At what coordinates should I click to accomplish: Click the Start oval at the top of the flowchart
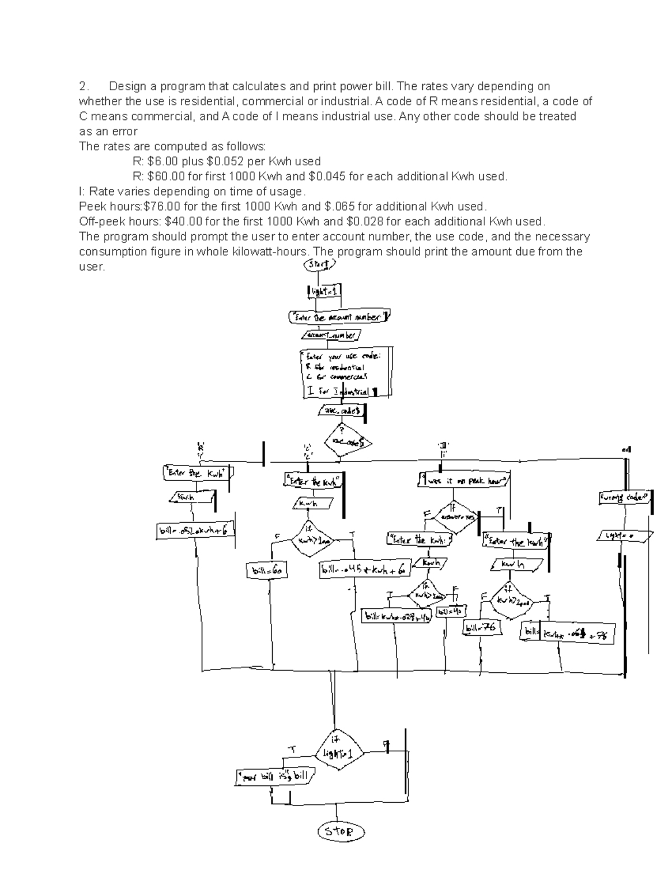tap(320, 264)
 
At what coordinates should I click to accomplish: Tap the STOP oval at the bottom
tap(340, 831)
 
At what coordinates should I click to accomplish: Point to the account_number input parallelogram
tap(332, 335)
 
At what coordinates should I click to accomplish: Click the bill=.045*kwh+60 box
tap(365, 570)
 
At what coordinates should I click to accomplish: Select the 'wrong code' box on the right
tap(624, 497)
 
